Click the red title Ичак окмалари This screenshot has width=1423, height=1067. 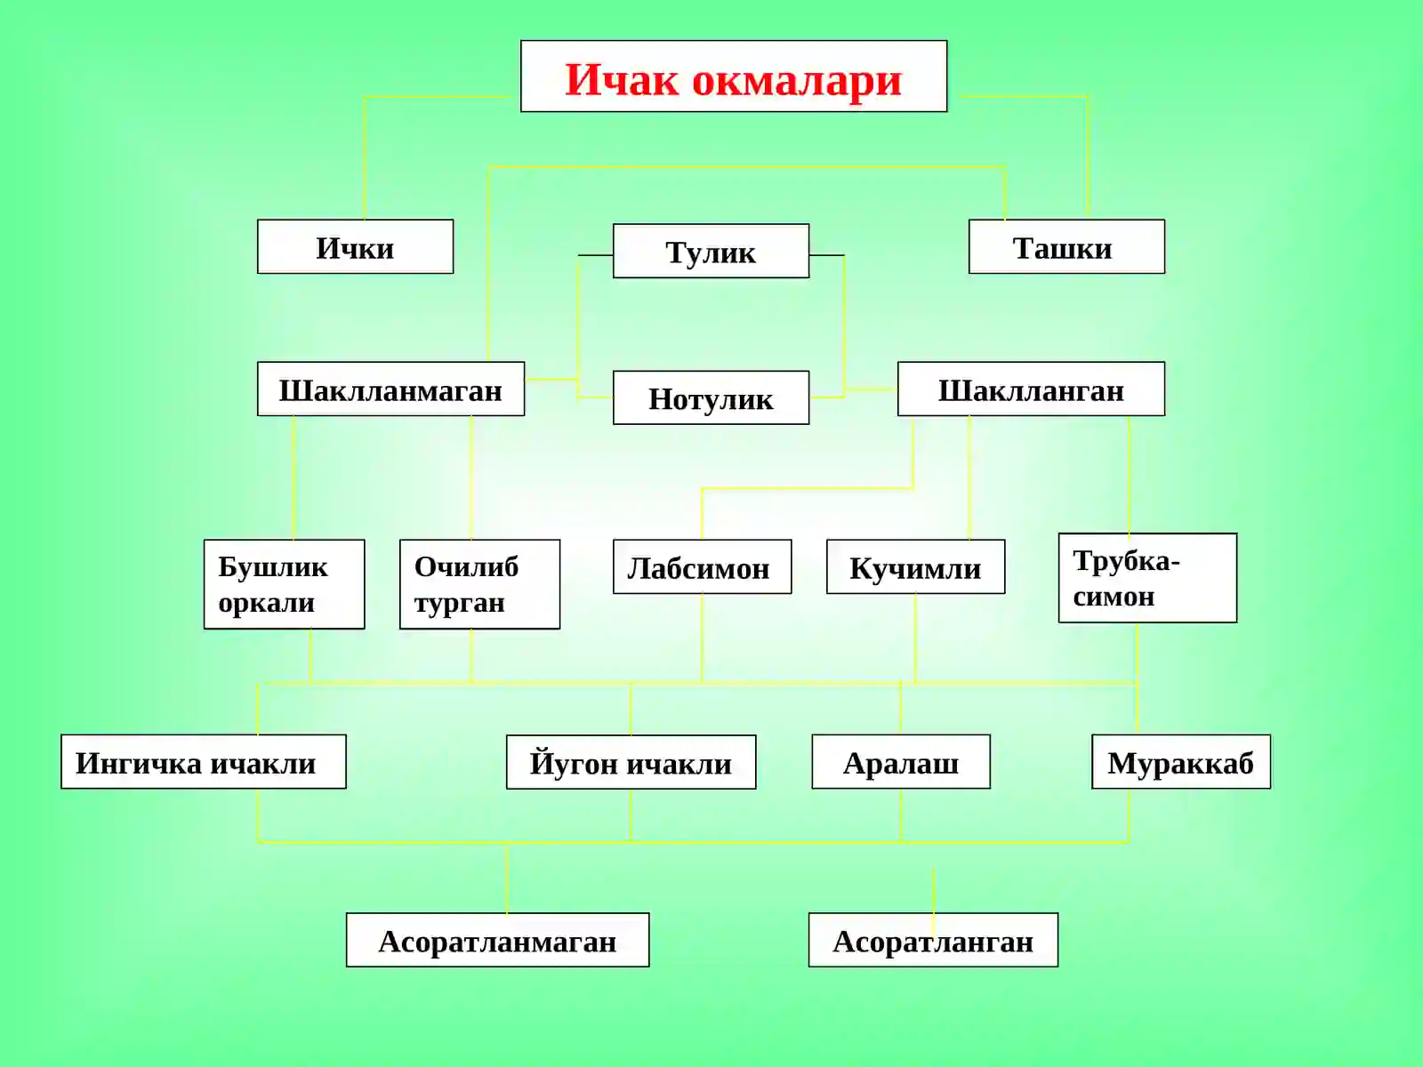(x=733, y=80)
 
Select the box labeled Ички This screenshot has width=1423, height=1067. (x=355, y=246)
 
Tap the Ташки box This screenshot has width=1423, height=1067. (x=1066, y=246)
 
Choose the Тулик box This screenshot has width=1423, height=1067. (x=711, y=251)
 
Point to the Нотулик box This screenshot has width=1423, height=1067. (x=711, y=397)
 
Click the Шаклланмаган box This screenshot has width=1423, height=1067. (x=391, y=389)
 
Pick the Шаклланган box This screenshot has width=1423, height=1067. (x=1031, y=389)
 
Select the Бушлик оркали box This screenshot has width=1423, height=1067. (x=284, y=583)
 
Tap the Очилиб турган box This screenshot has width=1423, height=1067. (x=479, y=583)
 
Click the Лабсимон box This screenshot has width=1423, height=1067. (x=702, y=566)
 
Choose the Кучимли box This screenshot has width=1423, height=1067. (x=915, y=566)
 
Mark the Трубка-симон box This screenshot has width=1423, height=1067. (x=1147, y=577)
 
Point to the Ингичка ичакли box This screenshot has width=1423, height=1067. (x=204, y=761)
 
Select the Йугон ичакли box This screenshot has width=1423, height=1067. (x=631, y=762)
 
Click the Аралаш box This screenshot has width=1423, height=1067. (x=900, y=761)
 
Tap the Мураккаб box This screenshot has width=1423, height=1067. (x=1181, y=761)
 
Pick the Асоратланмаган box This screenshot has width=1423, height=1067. (x=497, y=939)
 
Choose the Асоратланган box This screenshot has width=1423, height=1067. (x=933, y=939)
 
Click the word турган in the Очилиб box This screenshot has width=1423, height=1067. (x=460, y=603)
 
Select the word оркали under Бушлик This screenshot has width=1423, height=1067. (x=267, y=603)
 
